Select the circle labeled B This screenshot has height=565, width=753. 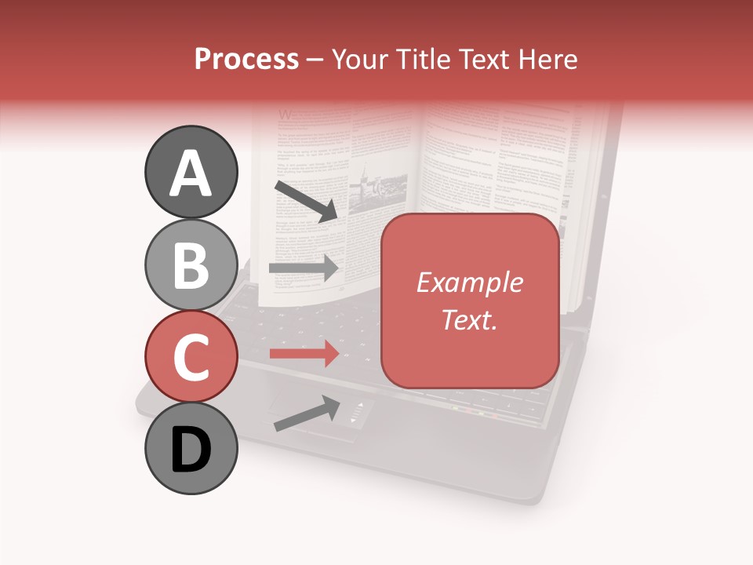[x=191, y=264]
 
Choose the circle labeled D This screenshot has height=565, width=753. [x=191, y=448]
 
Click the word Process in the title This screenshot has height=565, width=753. [x=246, y=59]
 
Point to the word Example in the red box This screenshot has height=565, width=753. [x=469, y=282]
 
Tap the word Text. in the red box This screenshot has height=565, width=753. [x=469, y=319]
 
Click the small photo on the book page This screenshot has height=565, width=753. [x=376, y=188]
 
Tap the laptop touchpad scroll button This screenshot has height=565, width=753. [x=357, y=414]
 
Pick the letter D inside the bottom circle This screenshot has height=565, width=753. [x=191, y=451]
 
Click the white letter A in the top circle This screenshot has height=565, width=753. [x=191, y=173]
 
